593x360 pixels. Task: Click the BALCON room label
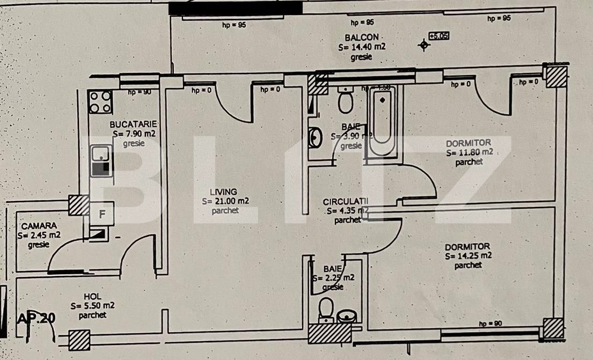(x=362, y=38)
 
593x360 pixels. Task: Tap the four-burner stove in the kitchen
(x=100, y=101)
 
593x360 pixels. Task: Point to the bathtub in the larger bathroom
(x=382, y=120)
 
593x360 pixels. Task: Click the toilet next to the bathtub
(x=346, y=101)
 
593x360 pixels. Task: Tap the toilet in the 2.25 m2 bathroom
(x=326, y=310)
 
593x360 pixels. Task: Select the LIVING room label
(x=224, y=192)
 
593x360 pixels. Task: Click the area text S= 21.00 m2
(x=225, y=201)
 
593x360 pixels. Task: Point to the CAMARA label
(x=36, y=226)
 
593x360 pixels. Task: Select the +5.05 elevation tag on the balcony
(x=439, y=36)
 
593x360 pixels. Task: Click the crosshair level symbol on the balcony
(x=424, y=45)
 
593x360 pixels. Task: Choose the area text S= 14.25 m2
(x=468, y=256)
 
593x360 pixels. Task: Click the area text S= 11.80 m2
(x=470, y=152)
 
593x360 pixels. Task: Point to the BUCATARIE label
(x=133, y=124)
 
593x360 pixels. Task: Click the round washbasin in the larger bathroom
(x=315, y=137)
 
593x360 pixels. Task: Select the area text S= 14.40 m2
(x=362, y=47)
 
